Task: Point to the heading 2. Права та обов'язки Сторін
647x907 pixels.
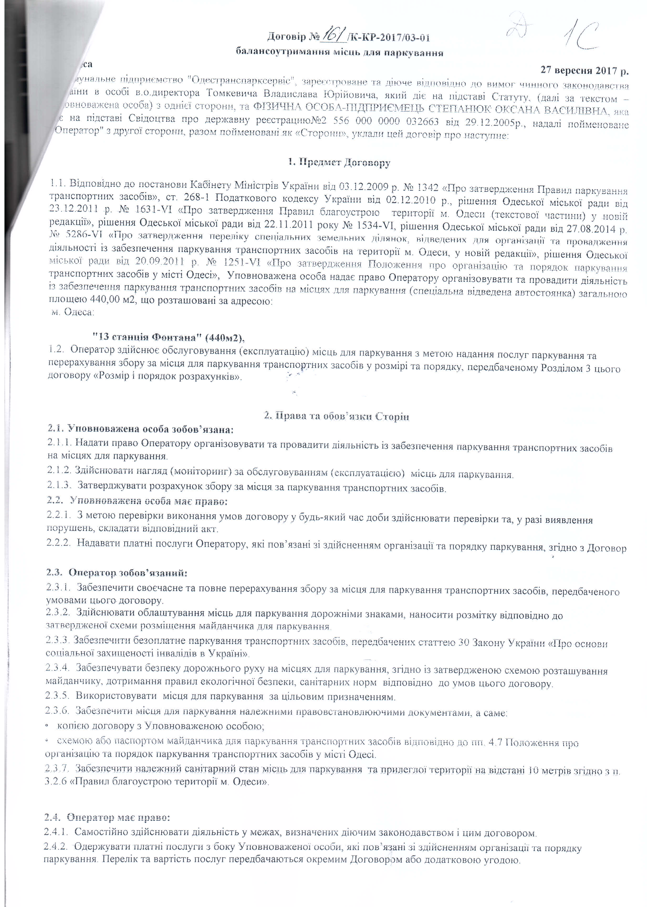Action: point(337,416)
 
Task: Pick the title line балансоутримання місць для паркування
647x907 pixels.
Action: point(339,52)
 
